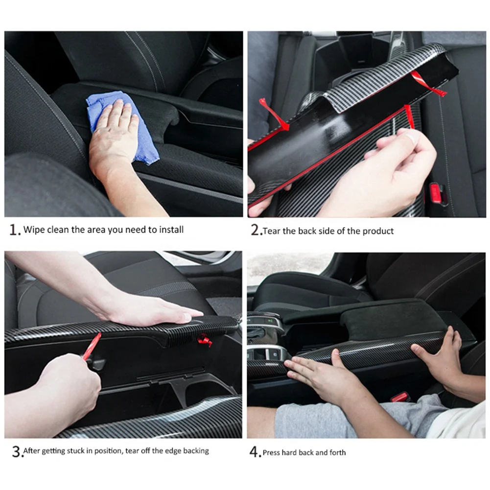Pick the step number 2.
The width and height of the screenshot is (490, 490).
click(x=256, y=231)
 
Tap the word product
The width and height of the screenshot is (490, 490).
click(x=377, y=231)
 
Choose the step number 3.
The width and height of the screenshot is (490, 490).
click(x=16, y=451)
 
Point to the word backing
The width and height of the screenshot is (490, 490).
click(x=196, y=451)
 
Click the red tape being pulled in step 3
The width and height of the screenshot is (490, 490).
click(x=92, y=346)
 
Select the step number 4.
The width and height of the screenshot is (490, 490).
click(x=255, y=452)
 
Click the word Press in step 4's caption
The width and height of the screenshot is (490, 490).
click(x=272, y=452)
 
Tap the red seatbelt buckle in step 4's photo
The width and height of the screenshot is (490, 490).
click(x=400, y=397)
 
